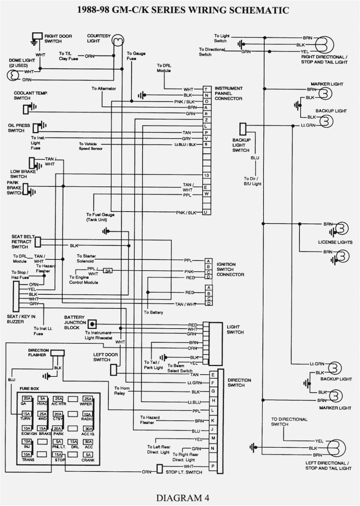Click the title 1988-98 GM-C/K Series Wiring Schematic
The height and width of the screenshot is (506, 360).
point(183,10)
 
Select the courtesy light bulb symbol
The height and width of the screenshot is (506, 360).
point(118,40)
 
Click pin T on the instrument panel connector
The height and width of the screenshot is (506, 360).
point(206,89)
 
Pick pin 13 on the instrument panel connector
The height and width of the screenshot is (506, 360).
point(206,175)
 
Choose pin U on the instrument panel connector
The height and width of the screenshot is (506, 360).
point(206,212)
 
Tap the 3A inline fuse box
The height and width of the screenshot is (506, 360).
point(108,271)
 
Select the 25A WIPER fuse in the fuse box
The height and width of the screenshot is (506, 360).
point(88,399)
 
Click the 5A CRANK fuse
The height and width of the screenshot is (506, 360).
point(88,455)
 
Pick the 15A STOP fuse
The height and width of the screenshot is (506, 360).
point(58,455)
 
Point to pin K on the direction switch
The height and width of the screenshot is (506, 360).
point(213,420)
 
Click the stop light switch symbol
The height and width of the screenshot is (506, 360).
point(160,469)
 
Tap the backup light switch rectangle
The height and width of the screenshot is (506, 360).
point(243,129)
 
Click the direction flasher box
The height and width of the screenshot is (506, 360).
point(57,353)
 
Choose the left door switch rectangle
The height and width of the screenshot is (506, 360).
point(114,369)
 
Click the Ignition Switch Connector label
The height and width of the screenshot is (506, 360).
point(230,270)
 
